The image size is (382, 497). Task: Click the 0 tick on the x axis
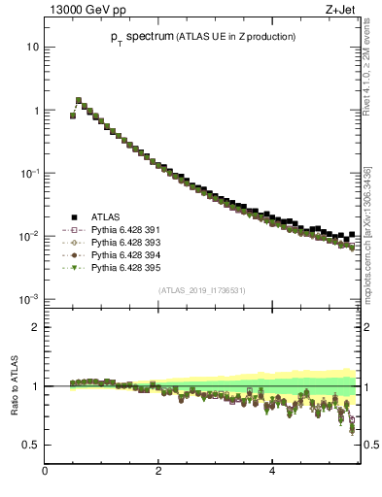45,473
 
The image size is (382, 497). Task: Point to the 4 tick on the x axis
271,473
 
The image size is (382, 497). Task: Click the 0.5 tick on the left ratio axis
33,445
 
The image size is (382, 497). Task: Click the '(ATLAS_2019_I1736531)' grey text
201,289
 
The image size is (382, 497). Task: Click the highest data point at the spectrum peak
79,100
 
